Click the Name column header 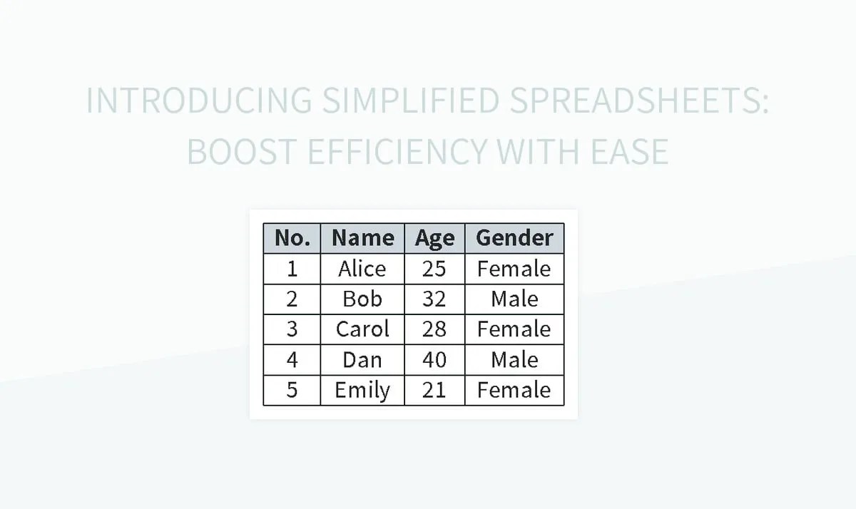[x=362, y=238]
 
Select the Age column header [x=434, y=238]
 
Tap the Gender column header [x=514, y=238]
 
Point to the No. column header [x=292, y=238]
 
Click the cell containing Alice [x=362, y=269]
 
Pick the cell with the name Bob [x=362, y=299]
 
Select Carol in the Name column [x=362, y=329]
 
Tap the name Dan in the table [x=362, y=360]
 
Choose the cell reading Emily [x=362, y=390]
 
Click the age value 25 [x=434, y=269]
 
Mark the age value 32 [x=434, y=299]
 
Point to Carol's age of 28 [x=434, y=329]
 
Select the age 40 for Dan [x=434, y=360]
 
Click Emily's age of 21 [x=434, y=390]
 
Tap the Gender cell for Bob [x=514, y=299]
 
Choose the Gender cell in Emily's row [x=514, y=390]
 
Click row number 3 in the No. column [x=292, y=329]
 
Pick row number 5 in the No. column [x=292, y=390]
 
